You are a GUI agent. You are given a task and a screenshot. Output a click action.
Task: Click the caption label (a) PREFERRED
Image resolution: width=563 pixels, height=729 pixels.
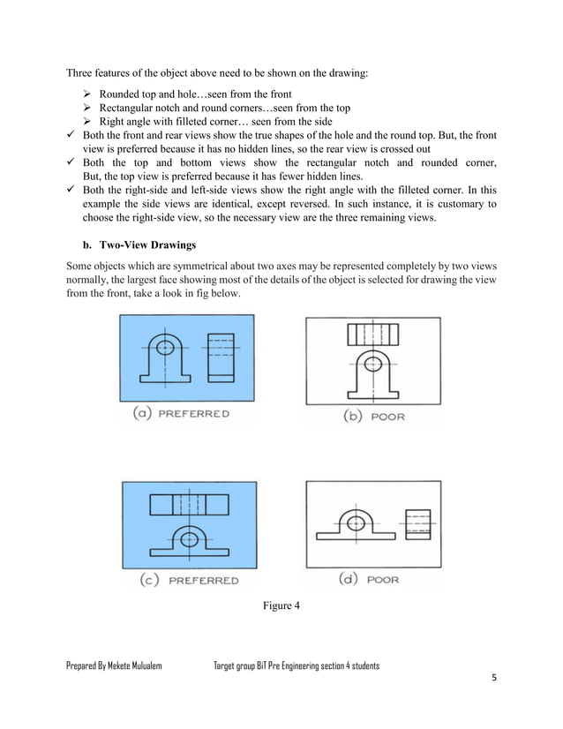tap(181, 413)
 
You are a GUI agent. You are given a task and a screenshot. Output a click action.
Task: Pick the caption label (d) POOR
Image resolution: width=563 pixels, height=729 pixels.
tap(370, 580)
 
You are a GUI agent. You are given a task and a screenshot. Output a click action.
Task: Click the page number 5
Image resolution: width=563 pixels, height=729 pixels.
tap(494, 679)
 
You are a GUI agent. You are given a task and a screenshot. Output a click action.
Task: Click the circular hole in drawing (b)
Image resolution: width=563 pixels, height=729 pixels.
tap(372, 364)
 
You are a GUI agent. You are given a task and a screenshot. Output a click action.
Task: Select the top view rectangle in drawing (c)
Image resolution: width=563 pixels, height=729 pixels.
tap(189, 505)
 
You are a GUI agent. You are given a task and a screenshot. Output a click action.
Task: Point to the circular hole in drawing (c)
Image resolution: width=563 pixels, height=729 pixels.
tap(188, 537)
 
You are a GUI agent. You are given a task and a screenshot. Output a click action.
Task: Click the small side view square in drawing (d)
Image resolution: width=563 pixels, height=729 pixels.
tap(417, 522)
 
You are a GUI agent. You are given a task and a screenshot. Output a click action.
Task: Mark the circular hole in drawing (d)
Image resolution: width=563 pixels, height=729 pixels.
tap(355, 523)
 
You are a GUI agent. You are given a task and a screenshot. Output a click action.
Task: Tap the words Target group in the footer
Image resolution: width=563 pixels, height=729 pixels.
tap(236, 665)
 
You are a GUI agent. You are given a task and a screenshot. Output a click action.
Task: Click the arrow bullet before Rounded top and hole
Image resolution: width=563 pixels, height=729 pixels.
tap(87, 93)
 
